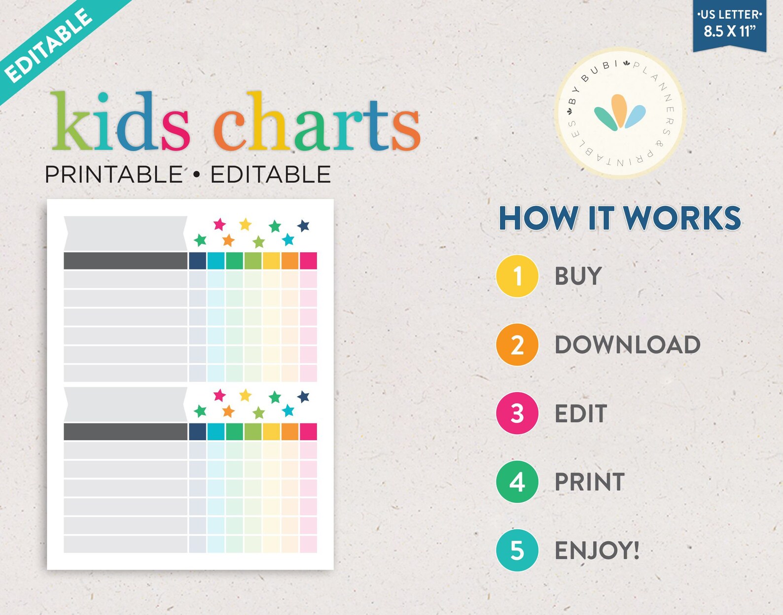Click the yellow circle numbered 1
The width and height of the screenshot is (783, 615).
(x=517, y=276)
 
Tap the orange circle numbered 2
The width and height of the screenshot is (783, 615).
(x=517, y=344)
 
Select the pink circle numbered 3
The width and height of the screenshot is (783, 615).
(x=517, y=413)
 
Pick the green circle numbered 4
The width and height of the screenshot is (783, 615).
(x=517, y=481)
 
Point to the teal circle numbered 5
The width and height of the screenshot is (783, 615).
(x=517, y=550)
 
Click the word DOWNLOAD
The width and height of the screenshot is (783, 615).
(x=627, y=344)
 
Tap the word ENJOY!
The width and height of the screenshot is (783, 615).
(x=597, y=550)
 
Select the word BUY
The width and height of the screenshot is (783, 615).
(x=578, y=276)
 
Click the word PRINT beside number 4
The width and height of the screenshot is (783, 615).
(x=589, y=481)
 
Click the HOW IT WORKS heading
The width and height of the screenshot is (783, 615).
(x=620, y=218)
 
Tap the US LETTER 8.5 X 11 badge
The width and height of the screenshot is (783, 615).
(x=729, y=25)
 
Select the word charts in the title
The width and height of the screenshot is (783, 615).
(x=317, y=122)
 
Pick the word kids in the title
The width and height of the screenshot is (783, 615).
(x=120, y=122)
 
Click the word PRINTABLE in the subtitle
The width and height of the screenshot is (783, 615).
(x=113, y=174)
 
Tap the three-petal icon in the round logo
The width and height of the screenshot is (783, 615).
(x=619, y=112)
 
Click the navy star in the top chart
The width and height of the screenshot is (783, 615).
(x=303, y=226)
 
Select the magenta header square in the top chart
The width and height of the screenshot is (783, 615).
(x=308, y=261)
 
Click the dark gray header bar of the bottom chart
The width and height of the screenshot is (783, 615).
(x=125, y=432)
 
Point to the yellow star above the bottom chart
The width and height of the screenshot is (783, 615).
(x=245, y=395)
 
